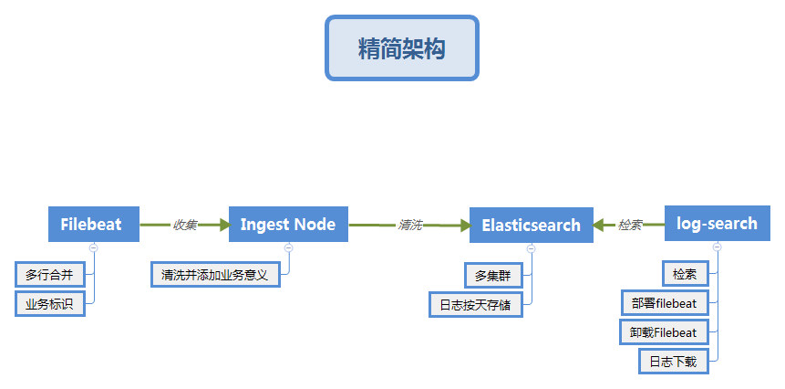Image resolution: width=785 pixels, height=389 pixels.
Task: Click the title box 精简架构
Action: [x=402, y=48]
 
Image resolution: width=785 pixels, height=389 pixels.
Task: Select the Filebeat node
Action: [x=94, y=224]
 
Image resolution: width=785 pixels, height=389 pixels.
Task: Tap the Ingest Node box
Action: [x=288, y=224]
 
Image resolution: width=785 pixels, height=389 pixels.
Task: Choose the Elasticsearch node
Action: [x=531, y=225]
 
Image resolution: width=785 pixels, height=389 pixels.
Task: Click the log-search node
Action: [x=717, y=224]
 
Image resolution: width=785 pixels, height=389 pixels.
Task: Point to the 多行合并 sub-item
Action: [x=49, y=274]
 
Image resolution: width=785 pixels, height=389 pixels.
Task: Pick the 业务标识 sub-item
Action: [x=49, y=303]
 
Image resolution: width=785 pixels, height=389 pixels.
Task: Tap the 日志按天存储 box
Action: [x=475, y=304]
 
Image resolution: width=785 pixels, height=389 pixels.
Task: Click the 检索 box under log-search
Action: [x=685, y=274]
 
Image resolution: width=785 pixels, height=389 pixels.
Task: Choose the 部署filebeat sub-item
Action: [x=664, y=303]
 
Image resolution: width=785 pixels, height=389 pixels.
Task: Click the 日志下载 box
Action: [x=673, y=362]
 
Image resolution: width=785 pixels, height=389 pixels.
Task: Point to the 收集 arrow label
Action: [x=185, y=225]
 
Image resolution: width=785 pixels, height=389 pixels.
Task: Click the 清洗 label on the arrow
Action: [x=409, y=225]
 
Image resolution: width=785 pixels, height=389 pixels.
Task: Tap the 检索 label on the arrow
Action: [x=630, y=225]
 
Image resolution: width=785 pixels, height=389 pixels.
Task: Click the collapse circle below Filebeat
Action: [x=94, y=247]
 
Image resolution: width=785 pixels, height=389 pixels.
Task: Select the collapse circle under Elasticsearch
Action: [x=531, y=248]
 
